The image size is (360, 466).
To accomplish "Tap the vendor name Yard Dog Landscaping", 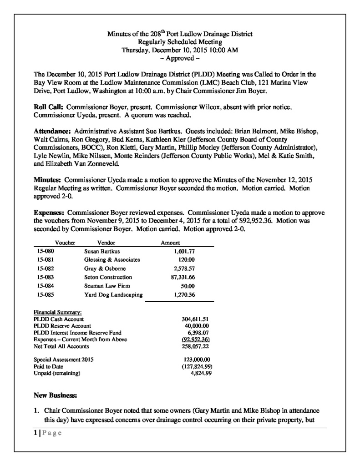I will click(113, 294).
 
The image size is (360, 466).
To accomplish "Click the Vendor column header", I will click(106, 243).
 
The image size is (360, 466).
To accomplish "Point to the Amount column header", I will click(171, 243).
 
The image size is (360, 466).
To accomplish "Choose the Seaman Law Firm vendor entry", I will click(107, 286).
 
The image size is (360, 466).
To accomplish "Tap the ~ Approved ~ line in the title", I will click(180, 59).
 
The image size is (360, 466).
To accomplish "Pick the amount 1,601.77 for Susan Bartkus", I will click(184, 251).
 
